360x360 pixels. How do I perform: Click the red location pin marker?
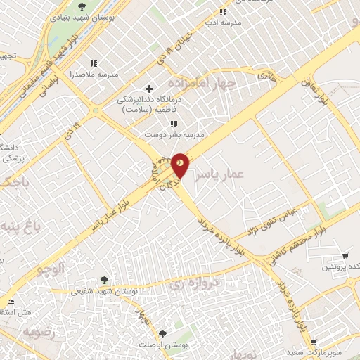point(179,164)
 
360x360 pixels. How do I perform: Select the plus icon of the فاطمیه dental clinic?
point(148,89)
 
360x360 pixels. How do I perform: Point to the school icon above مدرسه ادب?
point(223,12)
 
